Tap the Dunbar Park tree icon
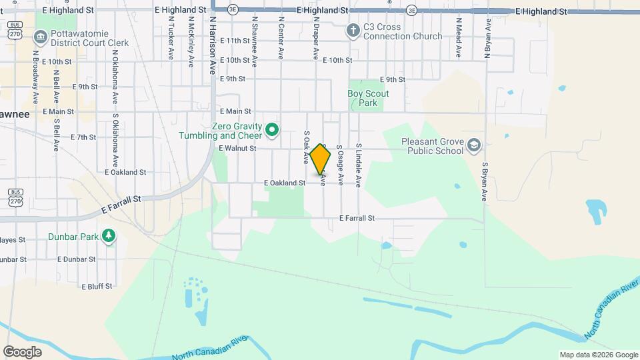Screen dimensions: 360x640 point(108,236)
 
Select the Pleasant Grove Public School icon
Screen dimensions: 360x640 point(473,146)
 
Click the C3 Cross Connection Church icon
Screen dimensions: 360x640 point(353,31)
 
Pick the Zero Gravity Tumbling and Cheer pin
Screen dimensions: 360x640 point(271,130)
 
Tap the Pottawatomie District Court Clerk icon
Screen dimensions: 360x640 point(40,35)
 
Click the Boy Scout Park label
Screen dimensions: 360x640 point(368,98)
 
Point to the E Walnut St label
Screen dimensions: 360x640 point(237,149)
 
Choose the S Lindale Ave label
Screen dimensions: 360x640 point(358,164)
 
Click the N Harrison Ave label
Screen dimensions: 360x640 point(213,45)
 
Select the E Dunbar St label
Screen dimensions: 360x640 point(77,259)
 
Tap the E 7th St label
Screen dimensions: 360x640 point(83,137)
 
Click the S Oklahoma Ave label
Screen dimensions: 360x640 point(115,140)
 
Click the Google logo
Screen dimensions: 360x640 point(22,351)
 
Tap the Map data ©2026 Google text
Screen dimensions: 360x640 point(598,355)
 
